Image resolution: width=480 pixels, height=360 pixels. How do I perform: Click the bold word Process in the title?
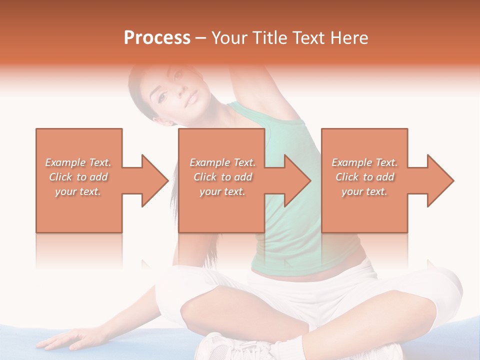(x=157, y=38)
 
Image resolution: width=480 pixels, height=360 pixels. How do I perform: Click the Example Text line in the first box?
(x=78, y=162)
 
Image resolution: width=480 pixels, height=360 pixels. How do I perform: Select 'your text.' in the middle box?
(x=222, y=191)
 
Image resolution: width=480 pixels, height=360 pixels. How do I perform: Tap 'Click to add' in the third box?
(x=365, y=177)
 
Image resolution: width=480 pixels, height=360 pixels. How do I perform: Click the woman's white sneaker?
(x=225, y=347)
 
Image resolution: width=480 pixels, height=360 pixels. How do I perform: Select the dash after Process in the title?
(x=201, y=38)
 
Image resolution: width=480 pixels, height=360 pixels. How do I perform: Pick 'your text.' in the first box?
(x=78, y=191)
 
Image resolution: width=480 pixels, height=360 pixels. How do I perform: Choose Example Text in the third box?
(x=365, y=162)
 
